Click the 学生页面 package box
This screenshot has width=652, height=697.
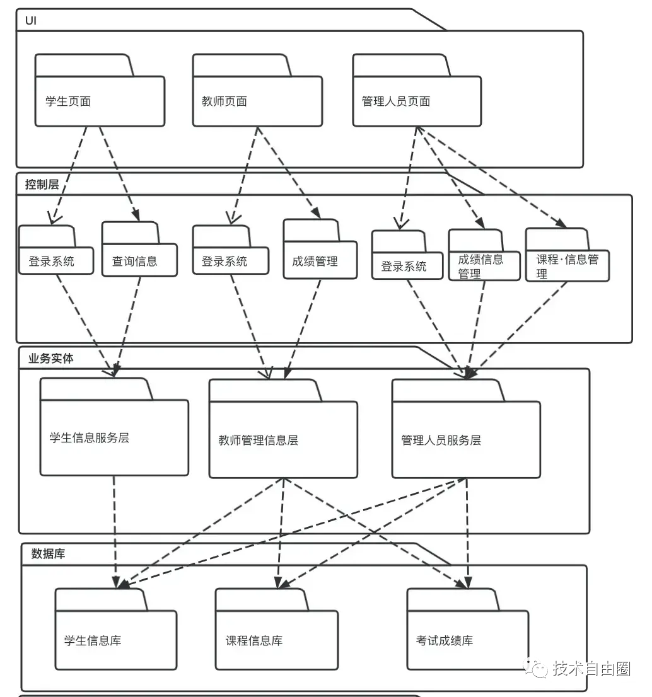pos(100,101)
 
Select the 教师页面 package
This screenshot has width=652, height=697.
pos(257,101)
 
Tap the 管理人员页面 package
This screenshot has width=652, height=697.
pos(416,101)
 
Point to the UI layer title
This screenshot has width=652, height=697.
pos(31,21)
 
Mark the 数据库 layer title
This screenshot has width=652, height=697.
pos(48,555)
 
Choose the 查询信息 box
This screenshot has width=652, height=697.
pos(139,260)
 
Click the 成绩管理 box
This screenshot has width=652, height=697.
pos(320,260)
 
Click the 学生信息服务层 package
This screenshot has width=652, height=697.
pos(114,437)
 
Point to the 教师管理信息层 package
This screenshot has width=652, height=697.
pos(283,439)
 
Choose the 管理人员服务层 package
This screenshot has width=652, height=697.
pos(465,439)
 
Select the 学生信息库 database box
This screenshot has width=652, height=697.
pos(115,640)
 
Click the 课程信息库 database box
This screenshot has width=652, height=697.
pos(276,640)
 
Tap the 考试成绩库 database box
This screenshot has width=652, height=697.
pos(467,640)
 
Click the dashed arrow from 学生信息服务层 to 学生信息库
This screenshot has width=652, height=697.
pos(115,529)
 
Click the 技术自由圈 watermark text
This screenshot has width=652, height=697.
pos(591,669)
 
